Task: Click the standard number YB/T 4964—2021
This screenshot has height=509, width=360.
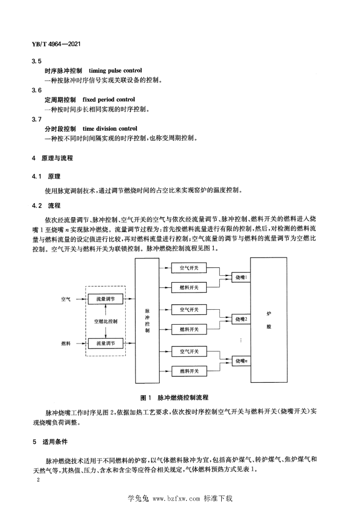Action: tap(56, 44)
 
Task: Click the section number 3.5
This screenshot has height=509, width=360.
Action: tap(37, 61)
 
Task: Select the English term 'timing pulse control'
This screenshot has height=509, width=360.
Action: tap(115, 71)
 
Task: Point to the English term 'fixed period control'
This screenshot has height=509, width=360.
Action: tap(109, 99)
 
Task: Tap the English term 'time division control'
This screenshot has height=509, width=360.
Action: tap(110, 129)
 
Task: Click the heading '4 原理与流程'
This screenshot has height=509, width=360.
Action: tap(53, 158)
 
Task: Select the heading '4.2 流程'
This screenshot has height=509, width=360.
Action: tap(46, 205)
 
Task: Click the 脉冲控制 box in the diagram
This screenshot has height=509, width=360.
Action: tap(147, 321)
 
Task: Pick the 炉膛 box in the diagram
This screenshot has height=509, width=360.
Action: tap(269, 320)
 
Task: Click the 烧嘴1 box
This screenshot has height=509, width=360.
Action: tap(241, 277)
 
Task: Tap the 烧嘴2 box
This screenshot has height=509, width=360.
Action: tap(241, 319)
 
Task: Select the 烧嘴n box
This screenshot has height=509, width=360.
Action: tap(241, 361)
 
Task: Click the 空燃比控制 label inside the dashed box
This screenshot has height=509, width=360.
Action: tap(105, 322)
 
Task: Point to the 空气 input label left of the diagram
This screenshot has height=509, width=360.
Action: tap(66, 299)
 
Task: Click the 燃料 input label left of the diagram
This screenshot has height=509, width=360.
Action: tap(66, 343)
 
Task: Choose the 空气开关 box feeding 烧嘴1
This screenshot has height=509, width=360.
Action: tap(189, 268)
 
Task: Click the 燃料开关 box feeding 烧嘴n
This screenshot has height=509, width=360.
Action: tap(189, 371)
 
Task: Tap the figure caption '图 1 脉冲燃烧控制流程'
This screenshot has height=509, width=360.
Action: tap(174, 397)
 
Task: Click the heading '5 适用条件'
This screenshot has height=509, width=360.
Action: tap(50, 442)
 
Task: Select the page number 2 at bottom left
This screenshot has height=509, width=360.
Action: tap(38, 480)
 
